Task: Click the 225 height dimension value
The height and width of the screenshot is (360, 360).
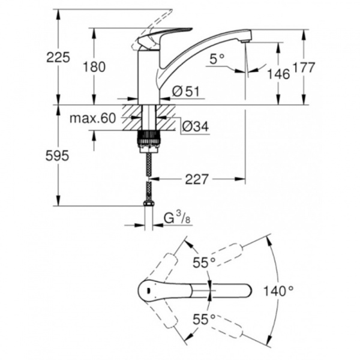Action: pos(59,58)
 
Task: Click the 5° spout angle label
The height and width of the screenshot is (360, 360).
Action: pos(217,59)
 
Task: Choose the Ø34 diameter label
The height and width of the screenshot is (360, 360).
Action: pos(191,126)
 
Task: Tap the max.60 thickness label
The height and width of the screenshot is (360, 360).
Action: pos(92,118)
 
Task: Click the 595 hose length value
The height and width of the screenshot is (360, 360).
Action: pos(58,156)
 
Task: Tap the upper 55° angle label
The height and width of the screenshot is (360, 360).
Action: pos(204,262)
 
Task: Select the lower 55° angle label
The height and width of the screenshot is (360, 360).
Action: pos(204,320)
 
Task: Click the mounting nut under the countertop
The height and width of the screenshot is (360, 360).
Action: pos(149,139)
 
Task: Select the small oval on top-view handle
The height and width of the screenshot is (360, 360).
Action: pos(147,292)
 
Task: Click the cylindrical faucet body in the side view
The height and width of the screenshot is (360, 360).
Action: pos(149,75)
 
